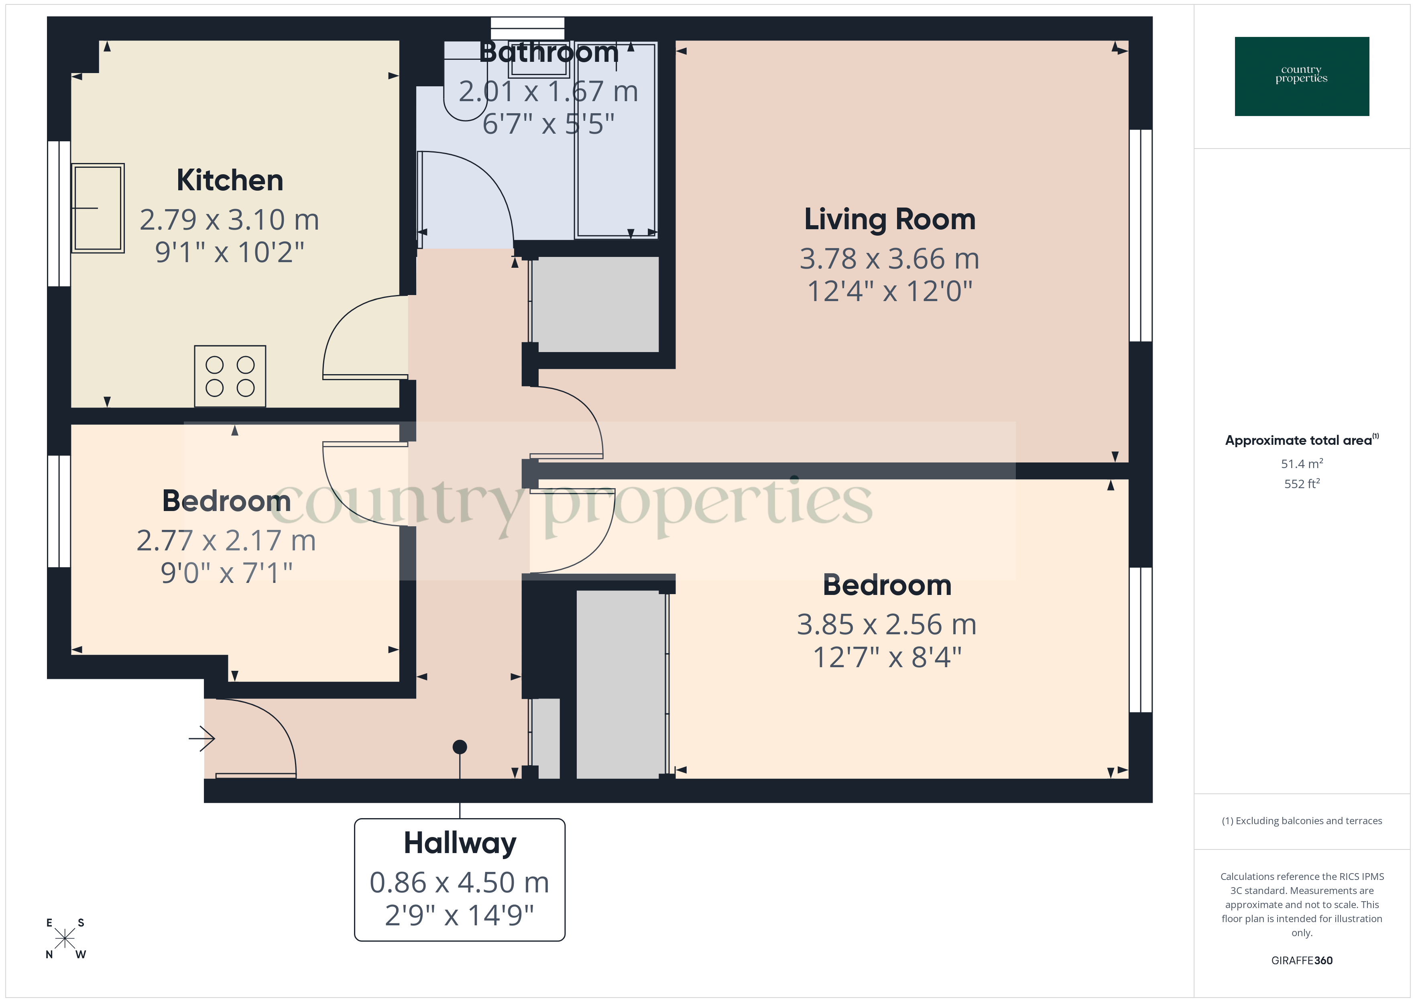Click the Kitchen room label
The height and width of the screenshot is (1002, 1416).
click(x=230, y=180)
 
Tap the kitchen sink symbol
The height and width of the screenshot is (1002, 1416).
click(x=98, y=208)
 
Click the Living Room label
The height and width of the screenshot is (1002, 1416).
click(x=889, y=220)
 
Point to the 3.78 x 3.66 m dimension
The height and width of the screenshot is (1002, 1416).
click(x=889, y=259)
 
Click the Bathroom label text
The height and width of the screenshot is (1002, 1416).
click(x=549, y=53)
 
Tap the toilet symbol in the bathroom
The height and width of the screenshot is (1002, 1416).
click(x=465, y=99)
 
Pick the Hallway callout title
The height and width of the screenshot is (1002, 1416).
click(x=460, y=843)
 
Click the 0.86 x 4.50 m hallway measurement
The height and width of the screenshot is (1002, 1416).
click(x=460, y=882)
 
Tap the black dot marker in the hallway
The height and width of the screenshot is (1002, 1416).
click(x=460, y=747)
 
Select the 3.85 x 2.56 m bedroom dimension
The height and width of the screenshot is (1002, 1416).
click(x=886, y=624)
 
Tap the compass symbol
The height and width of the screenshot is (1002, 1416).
click(x=65, y=939)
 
